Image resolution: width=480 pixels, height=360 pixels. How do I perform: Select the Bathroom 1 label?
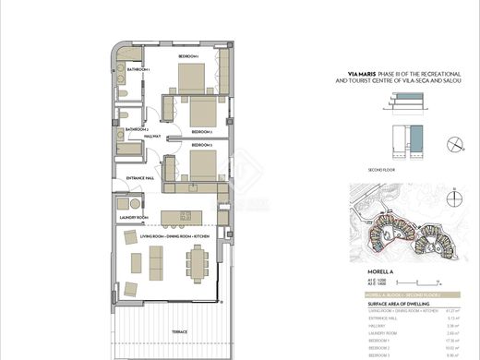pos(138,69)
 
